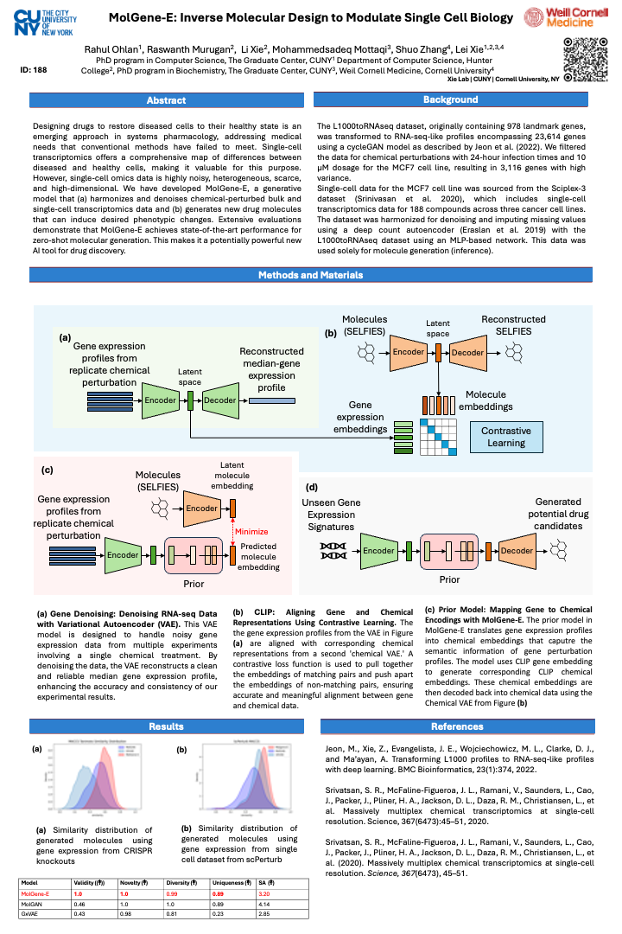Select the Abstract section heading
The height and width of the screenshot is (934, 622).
[x=166, y=101]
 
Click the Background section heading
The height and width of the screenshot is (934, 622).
[x=456, y=101]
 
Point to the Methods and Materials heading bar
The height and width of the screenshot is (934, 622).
[x=311, y=275]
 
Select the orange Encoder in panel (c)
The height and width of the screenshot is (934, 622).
[x=201, y=509]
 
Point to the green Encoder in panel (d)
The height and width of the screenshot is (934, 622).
[x=379, y=550]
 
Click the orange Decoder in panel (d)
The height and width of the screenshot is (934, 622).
[x=517, y=550]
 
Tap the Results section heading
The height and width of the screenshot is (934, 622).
[x=166, y=726]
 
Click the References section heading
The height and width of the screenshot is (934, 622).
[x=456, y=726]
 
